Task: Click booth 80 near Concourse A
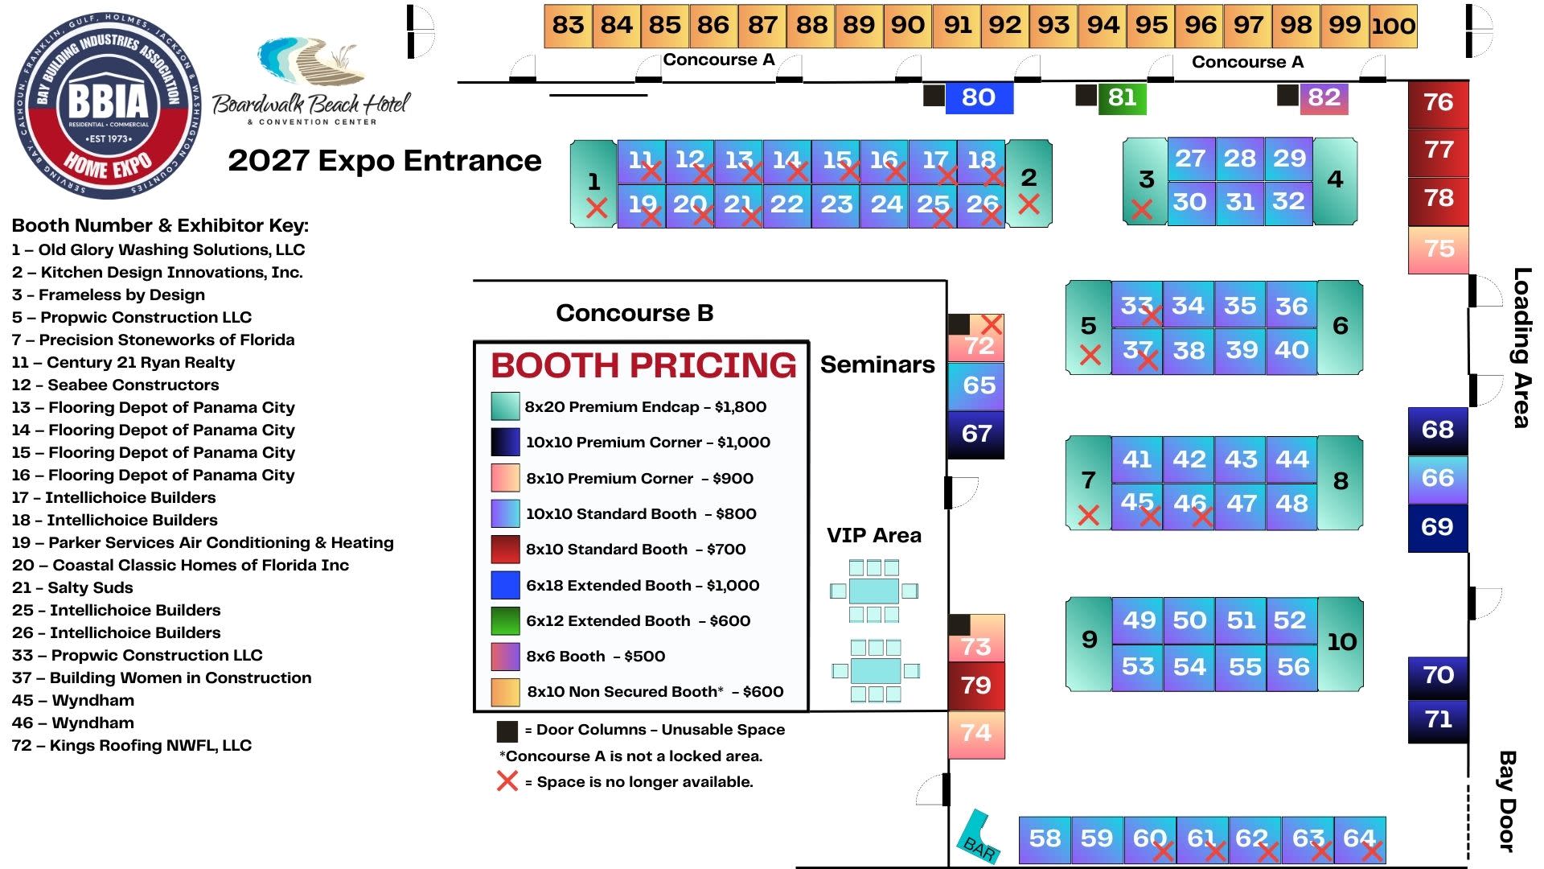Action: coord(978,98)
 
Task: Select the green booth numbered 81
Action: coord(1122,98)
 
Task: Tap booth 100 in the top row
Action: coord(1393,27)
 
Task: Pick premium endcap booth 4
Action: coord(1335,180)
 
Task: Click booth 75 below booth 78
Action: coord(1438,249)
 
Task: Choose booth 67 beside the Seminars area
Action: coord(976,434)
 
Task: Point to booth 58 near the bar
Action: coord(1044,839)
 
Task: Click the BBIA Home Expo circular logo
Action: coord(108,105)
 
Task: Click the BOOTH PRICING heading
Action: coord(643,365)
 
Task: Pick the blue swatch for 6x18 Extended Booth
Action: coord(505,585)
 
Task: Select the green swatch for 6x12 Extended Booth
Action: coord(505,620)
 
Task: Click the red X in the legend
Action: coord(507,780)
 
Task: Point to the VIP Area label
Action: coord(873,536)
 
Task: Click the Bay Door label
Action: coord(1507,801)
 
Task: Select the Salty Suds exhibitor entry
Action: coord(72,587)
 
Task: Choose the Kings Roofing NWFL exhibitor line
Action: coord(132,745)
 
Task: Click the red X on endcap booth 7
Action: coord(1088,515)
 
